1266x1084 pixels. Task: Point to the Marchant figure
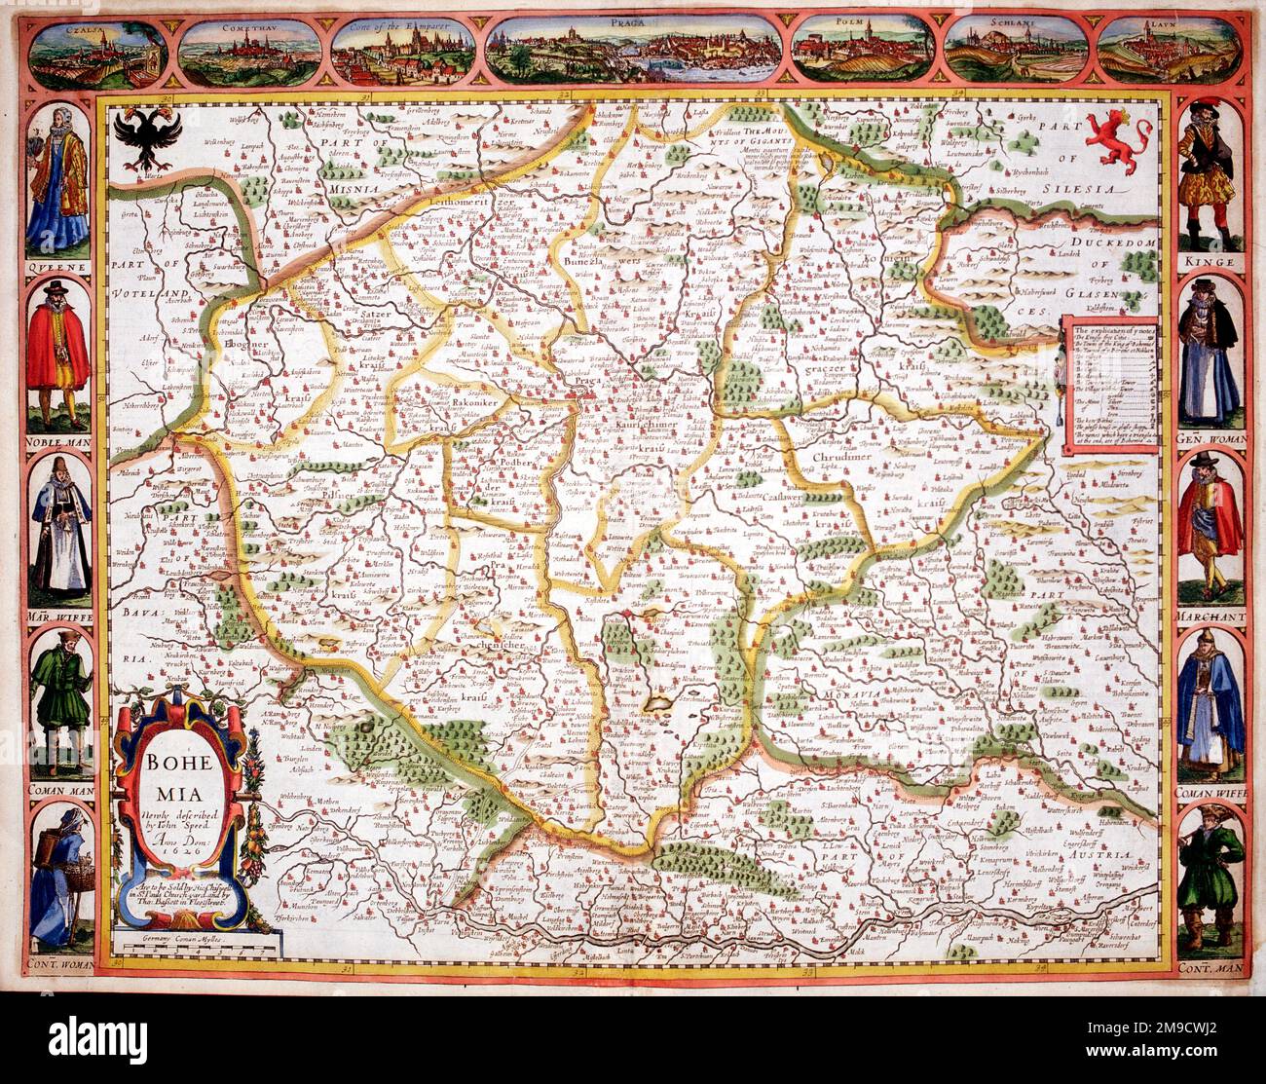1209,521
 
